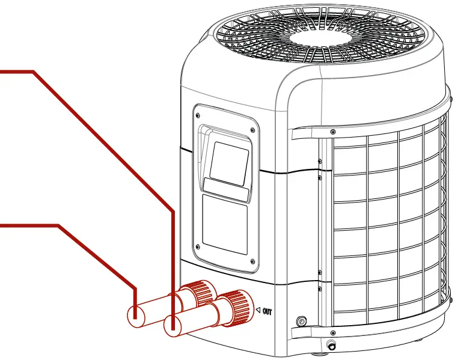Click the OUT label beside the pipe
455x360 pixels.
(267, 311)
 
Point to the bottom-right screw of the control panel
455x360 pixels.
(252, 261)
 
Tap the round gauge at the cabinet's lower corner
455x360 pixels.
(301, 321)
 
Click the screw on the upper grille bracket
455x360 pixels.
(333, 131)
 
